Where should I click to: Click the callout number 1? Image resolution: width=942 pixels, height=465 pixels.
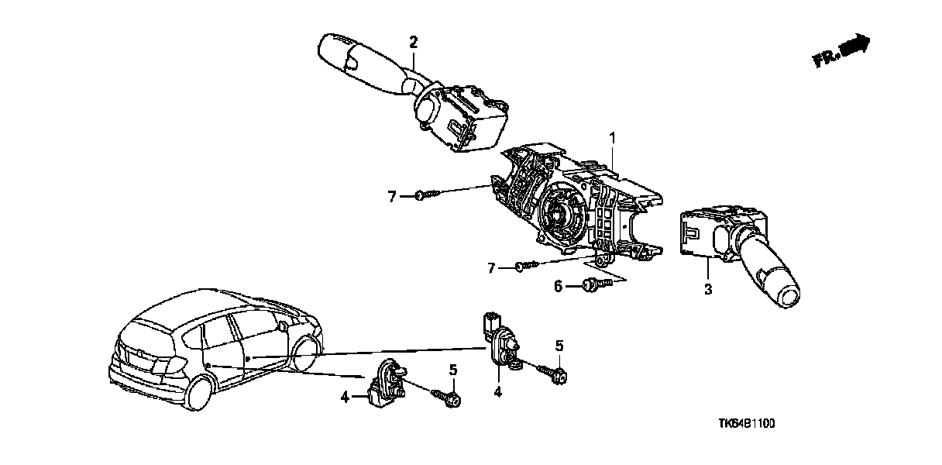tap(612, 138)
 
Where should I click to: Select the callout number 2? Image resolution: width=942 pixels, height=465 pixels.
tap(414, 41)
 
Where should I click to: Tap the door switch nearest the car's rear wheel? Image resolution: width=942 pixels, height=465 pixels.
tap(387, 382)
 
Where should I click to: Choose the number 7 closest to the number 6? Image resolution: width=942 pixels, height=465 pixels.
tap(491, 268)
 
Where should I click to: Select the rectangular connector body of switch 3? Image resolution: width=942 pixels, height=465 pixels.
tap(701, 233)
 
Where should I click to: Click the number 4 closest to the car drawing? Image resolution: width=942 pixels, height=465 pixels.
tap(345, 398)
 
